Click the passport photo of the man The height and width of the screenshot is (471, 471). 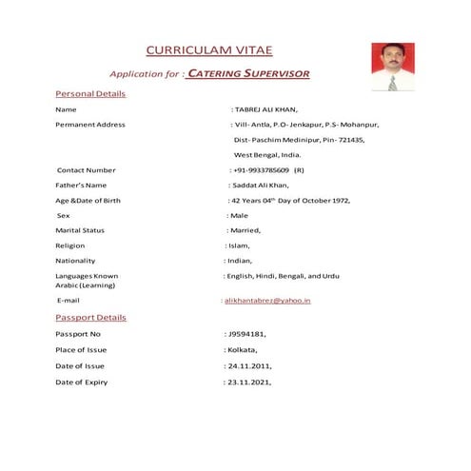pos(391,66)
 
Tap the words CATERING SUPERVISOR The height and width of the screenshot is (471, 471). pos(248,73)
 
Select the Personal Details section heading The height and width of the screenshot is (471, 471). pos(90,94)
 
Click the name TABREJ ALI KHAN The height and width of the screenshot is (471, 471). pos(271,110)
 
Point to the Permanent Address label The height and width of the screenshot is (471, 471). pos(90,125)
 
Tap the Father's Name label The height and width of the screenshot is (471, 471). pos(81,185)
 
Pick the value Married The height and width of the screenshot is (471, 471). pos(245,230)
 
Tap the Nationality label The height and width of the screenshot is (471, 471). pos(76,261)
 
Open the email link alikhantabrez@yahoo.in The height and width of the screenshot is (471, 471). pos(267,301)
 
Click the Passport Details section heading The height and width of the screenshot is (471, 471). pos(90,317)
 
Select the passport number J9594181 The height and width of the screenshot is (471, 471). pos(247,335)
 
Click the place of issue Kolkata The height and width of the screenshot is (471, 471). pos(243,351)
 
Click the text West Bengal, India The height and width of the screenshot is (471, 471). pos(267,154)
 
